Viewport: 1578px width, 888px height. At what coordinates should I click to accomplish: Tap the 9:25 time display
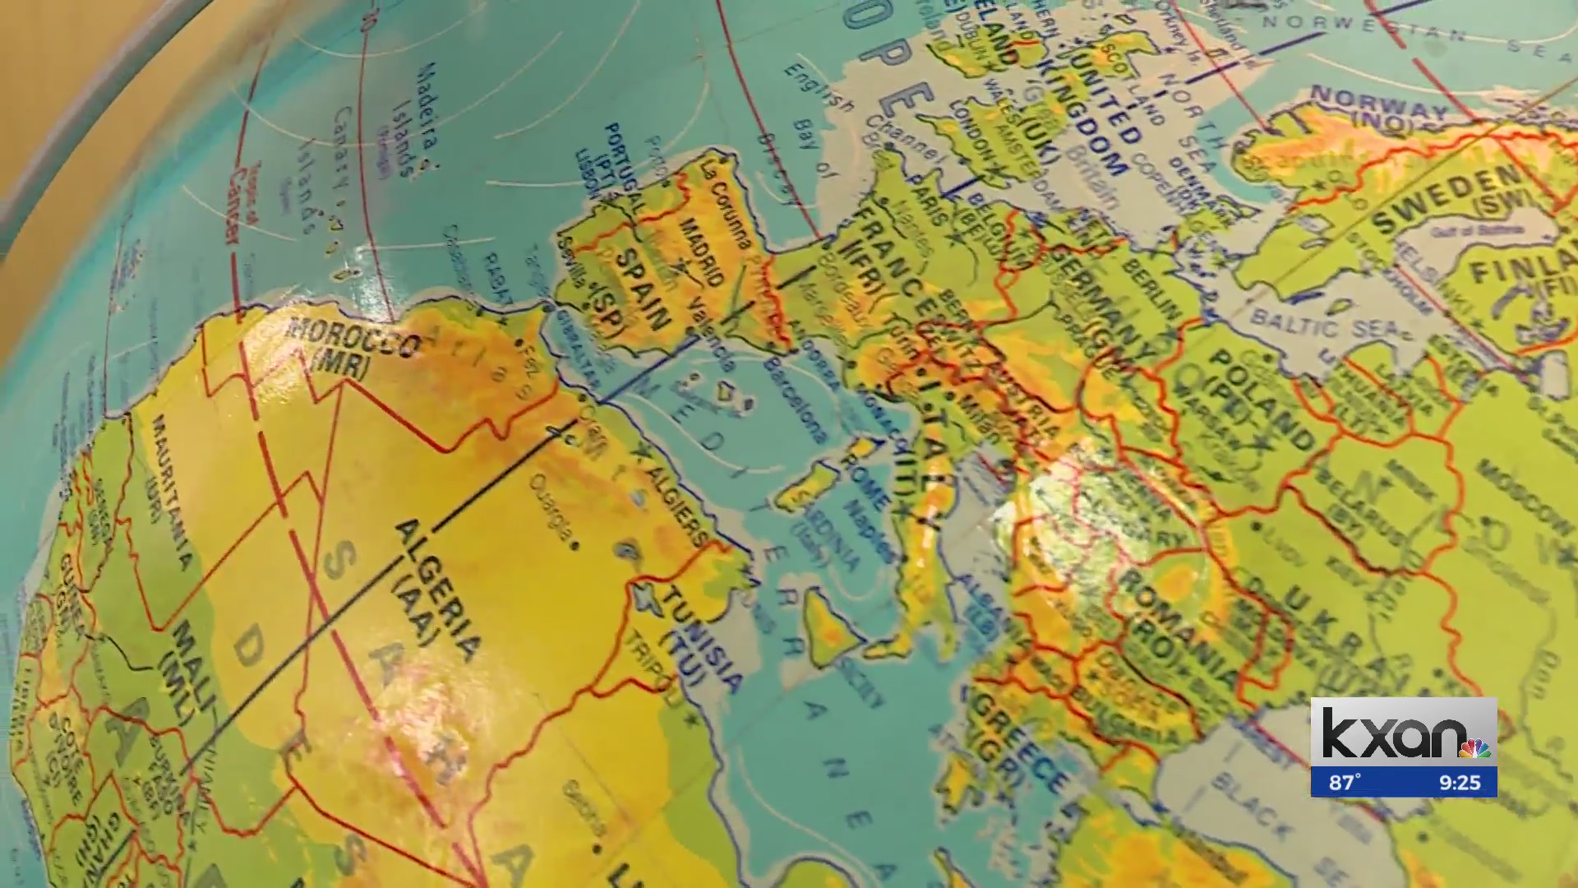pyautogui.click(x=1459, y=782)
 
